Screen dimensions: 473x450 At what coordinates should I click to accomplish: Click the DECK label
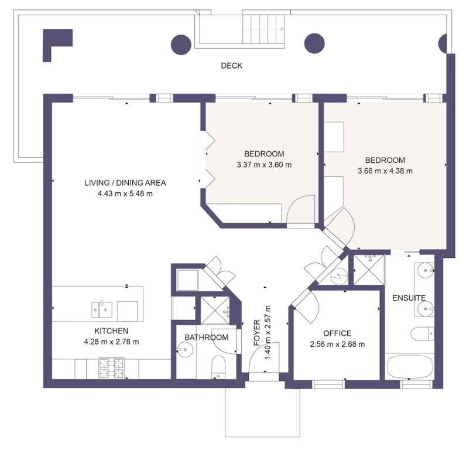click(231, 66)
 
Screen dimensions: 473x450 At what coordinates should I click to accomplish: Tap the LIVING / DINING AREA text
click(125, 183)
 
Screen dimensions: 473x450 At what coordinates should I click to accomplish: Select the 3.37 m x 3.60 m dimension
click(264, 165)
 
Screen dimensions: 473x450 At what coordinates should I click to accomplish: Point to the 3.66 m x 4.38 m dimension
click(385, 171)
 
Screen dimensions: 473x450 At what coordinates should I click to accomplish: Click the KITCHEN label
click(111, 331)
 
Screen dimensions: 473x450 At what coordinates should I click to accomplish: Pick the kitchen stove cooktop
click(111, 368)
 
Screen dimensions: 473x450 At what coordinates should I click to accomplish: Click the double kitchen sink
click(102, 309)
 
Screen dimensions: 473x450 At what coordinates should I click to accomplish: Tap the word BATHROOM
click(206, 337)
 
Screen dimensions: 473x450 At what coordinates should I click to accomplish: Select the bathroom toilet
click(218, 367)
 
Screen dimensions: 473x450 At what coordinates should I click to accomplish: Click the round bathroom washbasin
click(184, 350)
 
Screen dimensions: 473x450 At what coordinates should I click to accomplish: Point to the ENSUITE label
click(409, 298)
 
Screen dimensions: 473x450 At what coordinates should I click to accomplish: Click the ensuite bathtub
click(409, 367)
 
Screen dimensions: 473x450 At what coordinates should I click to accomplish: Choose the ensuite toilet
click(422, 334)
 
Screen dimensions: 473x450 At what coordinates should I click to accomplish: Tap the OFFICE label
click(337, 333)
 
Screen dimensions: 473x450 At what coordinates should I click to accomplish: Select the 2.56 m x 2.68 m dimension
click(337, 345)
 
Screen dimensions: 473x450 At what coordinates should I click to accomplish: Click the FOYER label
click(257, 332)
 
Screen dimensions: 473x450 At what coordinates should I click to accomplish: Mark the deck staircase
click(263, 29)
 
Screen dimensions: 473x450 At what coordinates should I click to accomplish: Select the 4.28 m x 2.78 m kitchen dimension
click(111, 342)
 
